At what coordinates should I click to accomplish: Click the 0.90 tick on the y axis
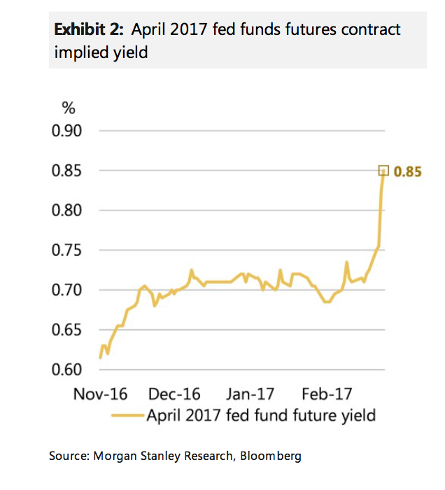pyautogui.click(x=68, y=131)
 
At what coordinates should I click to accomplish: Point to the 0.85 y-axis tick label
pyautogui.click(x=68, y=171)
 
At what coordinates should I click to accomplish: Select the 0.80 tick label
pyautogui.click(x=68, y=210)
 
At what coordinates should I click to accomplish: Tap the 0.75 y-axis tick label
pyautogui.click(x=68, y=250)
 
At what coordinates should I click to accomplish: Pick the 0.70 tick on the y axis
pyautogui.click(x=68, y=290)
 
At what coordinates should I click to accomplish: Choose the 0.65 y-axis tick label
pyautogui.click(x=68, y=330)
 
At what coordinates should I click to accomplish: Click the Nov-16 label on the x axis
pyautogui.click(x=100, y=394)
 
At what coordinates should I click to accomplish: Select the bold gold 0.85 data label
pyautogui.click(x=408, y=171)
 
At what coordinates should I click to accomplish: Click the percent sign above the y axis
pyautogui.click(x=69, y=109)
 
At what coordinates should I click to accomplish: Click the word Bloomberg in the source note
pyautogui.click(x=271, y=456)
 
